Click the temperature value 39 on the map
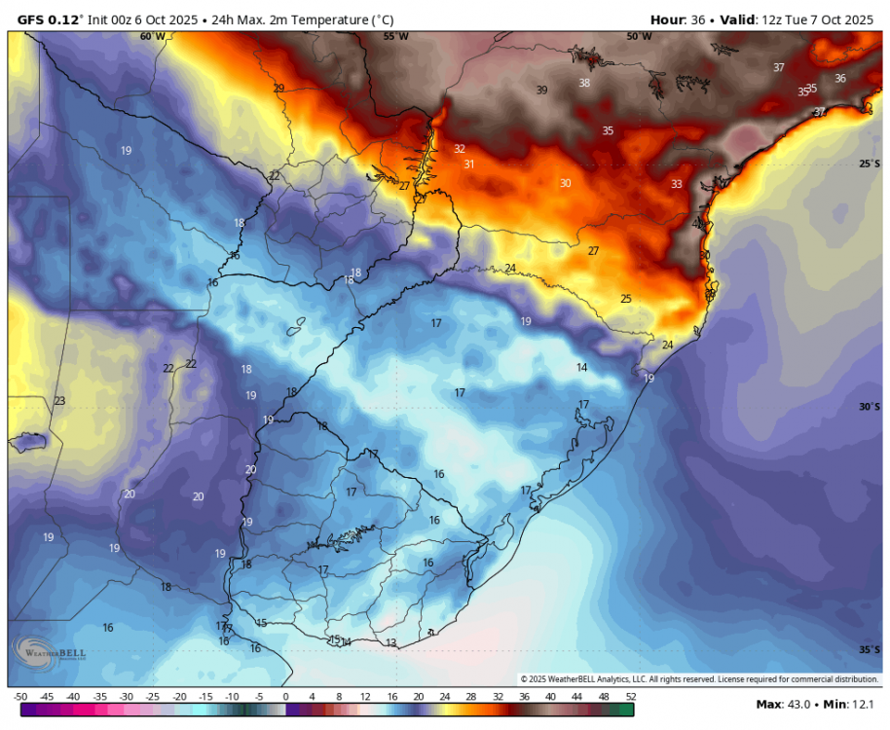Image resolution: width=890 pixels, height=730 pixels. (x=542, y=91)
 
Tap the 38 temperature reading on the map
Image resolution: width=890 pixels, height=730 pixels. (x=584, y=83)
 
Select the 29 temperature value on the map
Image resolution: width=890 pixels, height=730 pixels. (x=279, y=89)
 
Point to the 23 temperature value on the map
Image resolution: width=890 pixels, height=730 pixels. (x=59, y=401)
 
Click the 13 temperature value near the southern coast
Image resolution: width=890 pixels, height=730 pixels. (x=390, y=643)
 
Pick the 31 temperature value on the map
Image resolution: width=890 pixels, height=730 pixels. (x=469, y=164)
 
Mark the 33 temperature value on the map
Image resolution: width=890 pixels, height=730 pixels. (x=677, y=184)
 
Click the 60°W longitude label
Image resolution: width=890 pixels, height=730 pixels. (x=152, y=36)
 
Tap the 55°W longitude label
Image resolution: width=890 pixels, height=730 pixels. (x=395, y=36)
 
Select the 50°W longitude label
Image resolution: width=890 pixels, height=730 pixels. (x=639, y=36)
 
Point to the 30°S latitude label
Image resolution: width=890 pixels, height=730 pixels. (x=870, y=407)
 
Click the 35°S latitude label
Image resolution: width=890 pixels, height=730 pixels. (x=870, y=649)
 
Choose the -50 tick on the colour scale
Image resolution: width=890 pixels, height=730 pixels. (x=20, y=697)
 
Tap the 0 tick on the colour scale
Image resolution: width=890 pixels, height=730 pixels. (x=285, y=697)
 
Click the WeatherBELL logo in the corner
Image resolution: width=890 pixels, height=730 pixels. (x=49, y=652)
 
